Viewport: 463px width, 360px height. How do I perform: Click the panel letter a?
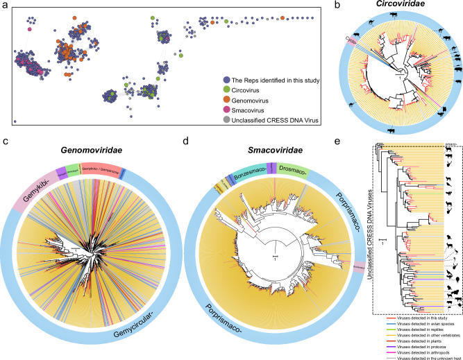click(6, 6)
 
